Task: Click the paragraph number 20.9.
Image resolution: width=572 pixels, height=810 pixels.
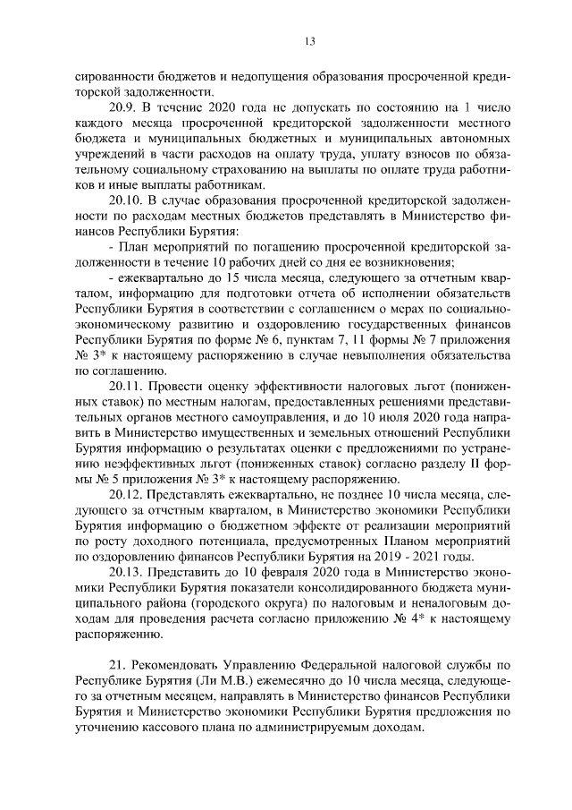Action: pos(122,107)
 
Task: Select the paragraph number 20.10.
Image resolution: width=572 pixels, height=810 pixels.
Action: pos(126,198)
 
